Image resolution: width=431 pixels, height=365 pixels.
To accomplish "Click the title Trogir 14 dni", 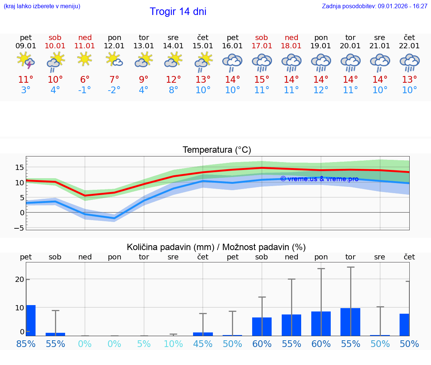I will (178, 12).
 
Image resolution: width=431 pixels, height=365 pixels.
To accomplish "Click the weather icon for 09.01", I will (26, 61).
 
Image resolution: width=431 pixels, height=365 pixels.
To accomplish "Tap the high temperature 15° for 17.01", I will (262, 80).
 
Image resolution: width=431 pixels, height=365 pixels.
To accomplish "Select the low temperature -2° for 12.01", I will (114, 90).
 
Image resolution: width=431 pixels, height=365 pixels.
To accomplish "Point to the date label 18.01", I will (291, 46).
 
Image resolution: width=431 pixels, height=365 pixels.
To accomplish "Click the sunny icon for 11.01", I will (85, 59).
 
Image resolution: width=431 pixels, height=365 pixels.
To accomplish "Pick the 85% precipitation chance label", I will (26, 344).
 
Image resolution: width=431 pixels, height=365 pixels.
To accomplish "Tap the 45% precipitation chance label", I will (203, 344).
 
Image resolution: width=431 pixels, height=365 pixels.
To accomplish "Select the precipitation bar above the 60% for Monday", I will (321, 323).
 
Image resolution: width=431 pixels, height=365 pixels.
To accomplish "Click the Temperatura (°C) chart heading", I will (217, 150).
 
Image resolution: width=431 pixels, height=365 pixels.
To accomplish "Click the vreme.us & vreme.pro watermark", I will (319, 179).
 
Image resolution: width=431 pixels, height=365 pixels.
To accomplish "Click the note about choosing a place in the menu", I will (42, 6).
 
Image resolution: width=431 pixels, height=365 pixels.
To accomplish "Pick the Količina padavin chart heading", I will (216, 247).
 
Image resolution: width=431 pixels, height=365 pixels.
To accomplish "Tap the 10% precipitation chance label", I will (173, 344).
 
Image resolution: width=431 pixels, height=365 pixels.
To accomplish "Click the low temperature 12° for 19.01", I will (321, 90).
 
